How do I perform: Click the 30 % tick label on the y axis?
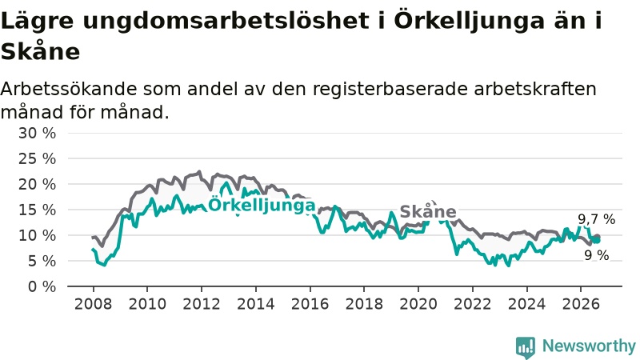[x=37, y=133]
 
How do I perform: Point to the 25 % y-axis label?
[x=37, y=158]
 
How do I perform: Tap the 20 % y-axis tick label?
[x=37, y=184]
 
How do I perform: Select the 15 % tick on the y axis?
[x=37, y=210]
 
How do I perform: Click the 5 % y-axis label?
[x=42, y=261]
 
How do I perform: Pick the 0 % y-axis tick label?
[x=42, y=286]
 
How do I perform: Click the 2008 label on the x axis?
[x=93, y=304]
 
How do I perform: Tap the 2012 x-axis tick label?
[x=202, y=304]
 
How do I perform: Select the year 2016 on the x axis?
[x=310, y=304]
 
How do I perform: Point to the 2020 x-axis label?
[x=418, y=304]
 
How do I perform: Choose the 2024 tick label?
[x=526, y=304]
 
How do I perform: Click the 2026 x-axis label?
[x=581, y=304]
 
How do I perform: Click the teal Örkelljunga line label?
[x=262, y=205]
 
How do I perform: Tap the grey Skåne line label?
[x=428, y=211]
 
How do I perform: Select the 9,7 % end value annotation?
[x=596, y=219]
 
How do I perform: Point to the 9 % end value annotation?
[x=596, y=255]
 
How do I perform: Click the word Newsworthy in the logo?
[x=589, y=346]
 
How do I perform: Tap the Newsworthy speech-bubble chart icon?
[x=526, y=347]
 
